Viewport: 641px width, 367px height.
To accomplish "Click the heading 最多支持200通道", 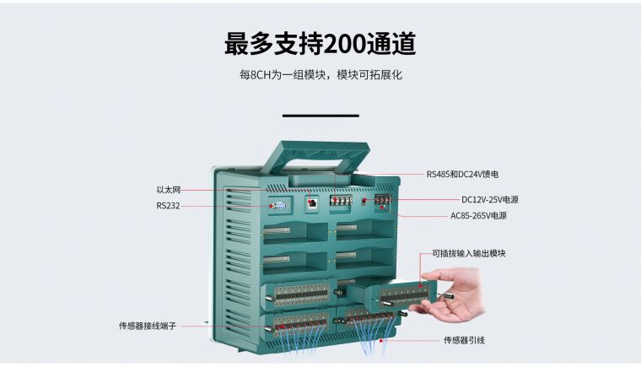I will (320, 43).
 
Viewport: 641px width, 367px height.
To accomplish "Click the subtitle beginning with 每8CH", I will (320, 75).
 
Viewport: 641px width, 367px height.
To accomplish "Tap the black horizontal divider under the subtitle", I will (320, 115).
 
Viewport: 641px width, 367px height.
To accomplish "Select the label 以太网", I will (169, 190).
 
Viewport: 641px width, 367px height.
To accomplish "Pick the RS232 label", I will (168, 205).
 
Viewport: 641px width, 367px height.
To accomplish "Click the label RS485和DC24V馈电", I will (462, 174).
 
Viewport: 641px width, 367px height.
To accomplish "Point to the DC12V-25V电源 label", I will (489, 200).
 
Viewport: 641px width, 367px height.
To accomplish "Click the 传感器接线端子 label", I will (148, 325).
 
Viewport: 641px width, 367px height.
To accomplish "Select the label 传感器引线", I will (464, 341).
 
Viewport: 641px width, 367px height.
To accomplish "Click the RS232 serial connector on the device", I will (280, 205).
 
